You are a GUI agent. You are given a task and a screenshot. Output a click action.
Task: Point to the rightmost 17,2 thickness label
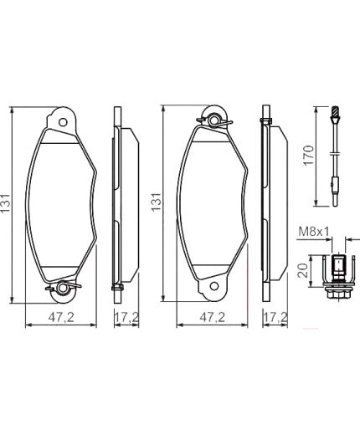click(x=275, y=318)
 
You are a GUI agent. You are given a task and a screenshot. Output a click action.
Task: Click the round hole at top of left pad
click(x=63, y=119)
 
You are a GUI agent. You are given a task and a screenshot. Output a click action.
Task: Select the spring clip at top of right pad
click(x=214, y=120)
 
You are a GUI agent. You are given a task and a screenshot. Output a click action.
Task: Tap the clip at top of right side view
click(x=266, y=122)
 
